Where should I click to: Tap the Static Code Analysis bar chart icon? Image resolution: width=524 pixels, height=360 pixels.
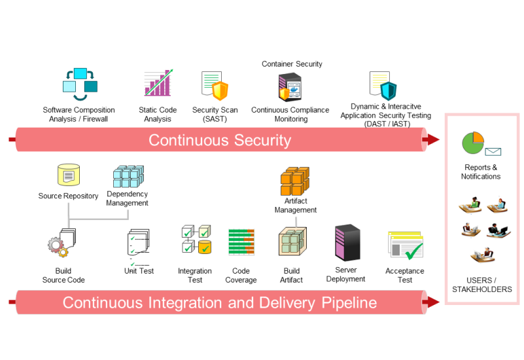[x=158, y=84]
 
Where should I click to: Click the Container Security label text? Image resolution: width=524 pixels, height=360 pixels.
[x=292, y=64]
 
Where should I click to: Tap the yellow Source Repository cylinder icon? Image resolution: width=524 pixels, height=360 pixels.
[x=69, y=175]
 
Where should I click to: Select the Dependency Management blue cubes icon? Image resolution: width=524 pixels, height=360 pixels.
[x=127, y=175]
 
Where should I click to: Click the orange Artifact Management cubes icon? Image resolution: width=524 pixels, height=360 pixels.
[x=295, y=183]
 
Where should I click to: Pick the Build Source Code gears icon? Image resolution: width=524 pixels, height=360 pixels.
[x=62, y=244]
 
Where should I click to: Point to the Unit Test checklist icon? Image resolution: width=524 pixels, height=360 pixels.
[x=139, y=244]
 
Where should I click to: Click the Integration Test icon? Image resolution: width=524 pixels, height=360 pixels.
[x=196, y=240]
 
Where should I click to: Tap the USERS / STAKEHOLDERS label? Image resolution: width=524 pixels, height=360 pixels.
[x=482, y=285]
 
